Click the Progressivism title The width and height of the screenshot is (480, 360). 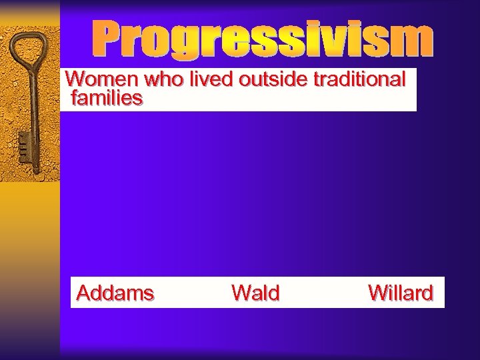(x=262, y=41)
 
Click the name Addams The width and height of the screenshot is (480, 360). (x=115, y=293)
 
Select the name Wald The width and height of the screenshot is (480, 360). (x=255, y=293)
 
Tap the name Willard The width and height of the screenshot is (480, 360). (x=401, y=293)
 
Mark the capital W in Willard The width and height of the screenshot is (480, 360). (x=377, y=293)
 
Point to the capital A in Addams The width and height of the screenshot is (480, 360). (x=83, y=293)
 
